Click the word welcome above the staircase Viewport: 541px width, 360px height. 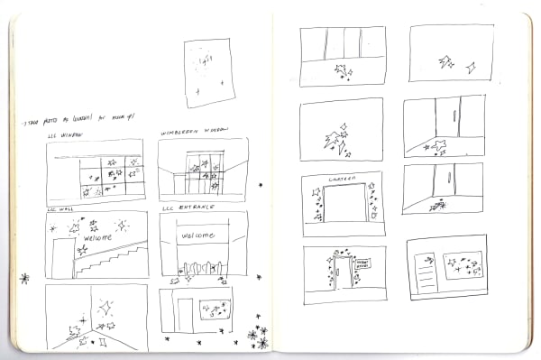tap(98, 238)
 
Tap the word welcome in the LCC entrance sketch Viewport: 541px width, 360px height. tap(200, 235)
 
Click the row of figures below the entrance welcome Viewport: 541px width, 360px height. tap(203, 268)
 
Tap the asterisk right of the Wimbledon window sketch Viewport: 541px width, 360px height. tap(261, 185)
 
